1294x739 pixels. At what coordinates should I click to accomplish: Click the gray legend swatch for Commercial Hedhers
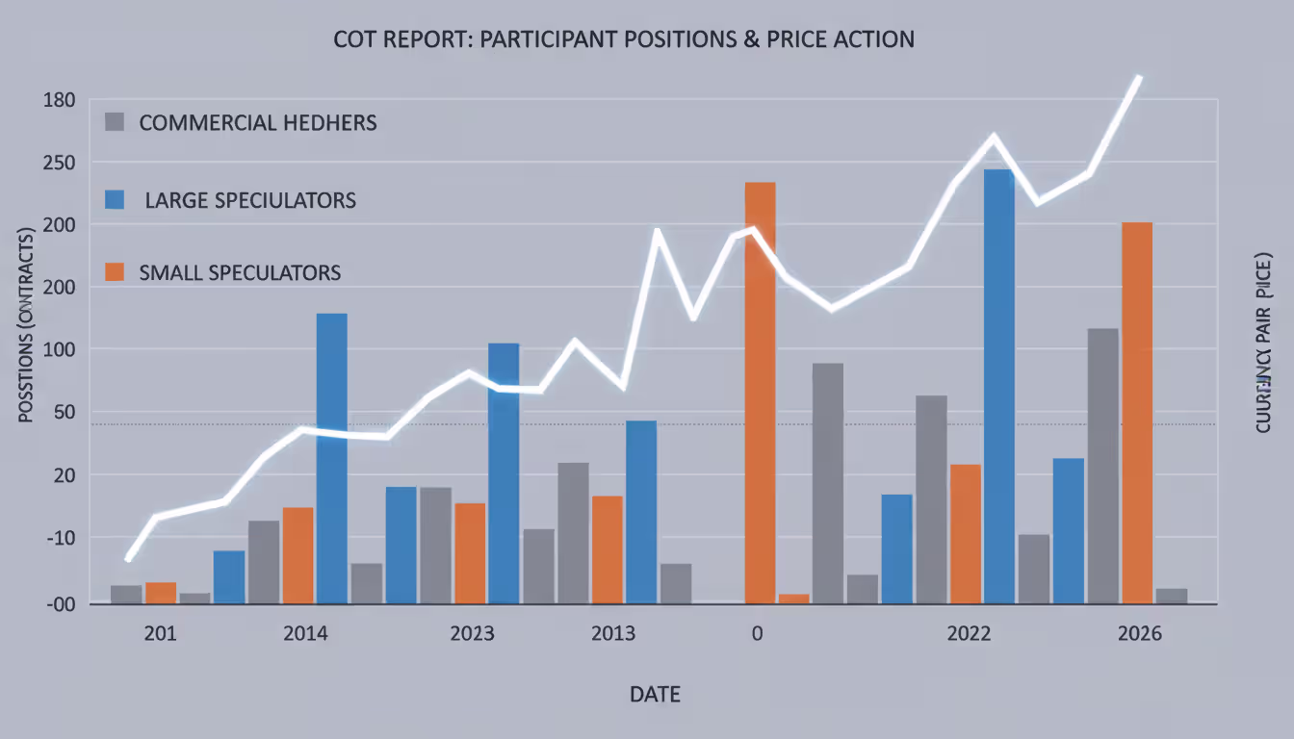115,122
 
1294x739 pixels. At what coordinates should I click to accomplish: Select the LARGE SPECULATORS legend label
249,200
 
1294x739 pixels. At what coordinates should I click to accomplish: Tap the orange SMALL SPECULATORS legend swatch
115,272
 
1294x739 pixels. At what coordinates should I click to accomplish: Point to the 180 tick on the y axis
59,100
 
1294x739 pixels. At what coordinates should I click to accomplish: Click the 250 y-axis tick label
59,163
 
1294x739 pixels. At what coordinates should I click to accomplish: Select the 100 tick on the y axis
59,349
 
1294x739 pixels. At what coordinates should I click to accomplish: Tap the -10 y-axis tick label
59,537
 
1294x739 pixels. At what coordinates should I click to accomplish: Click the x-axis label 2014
305,634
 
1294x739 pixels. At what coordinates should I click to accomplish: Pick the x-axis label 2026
1140,634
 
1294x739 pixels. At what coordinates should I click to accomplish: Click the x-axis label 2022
970,634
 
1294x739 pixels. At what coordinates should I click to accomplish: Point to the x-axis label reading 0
757,634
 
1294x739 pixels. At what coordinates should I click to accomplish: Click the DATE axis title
655,694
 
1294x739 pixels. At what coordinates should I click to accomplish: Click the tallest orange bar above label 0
760,385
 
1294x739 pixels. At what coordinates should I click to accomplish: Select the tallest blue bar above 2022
998,385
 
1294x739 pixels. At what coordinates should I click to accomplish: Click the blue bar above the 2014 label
332,457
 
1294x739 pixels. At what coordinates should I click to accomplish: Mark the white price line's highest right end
1139,77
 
